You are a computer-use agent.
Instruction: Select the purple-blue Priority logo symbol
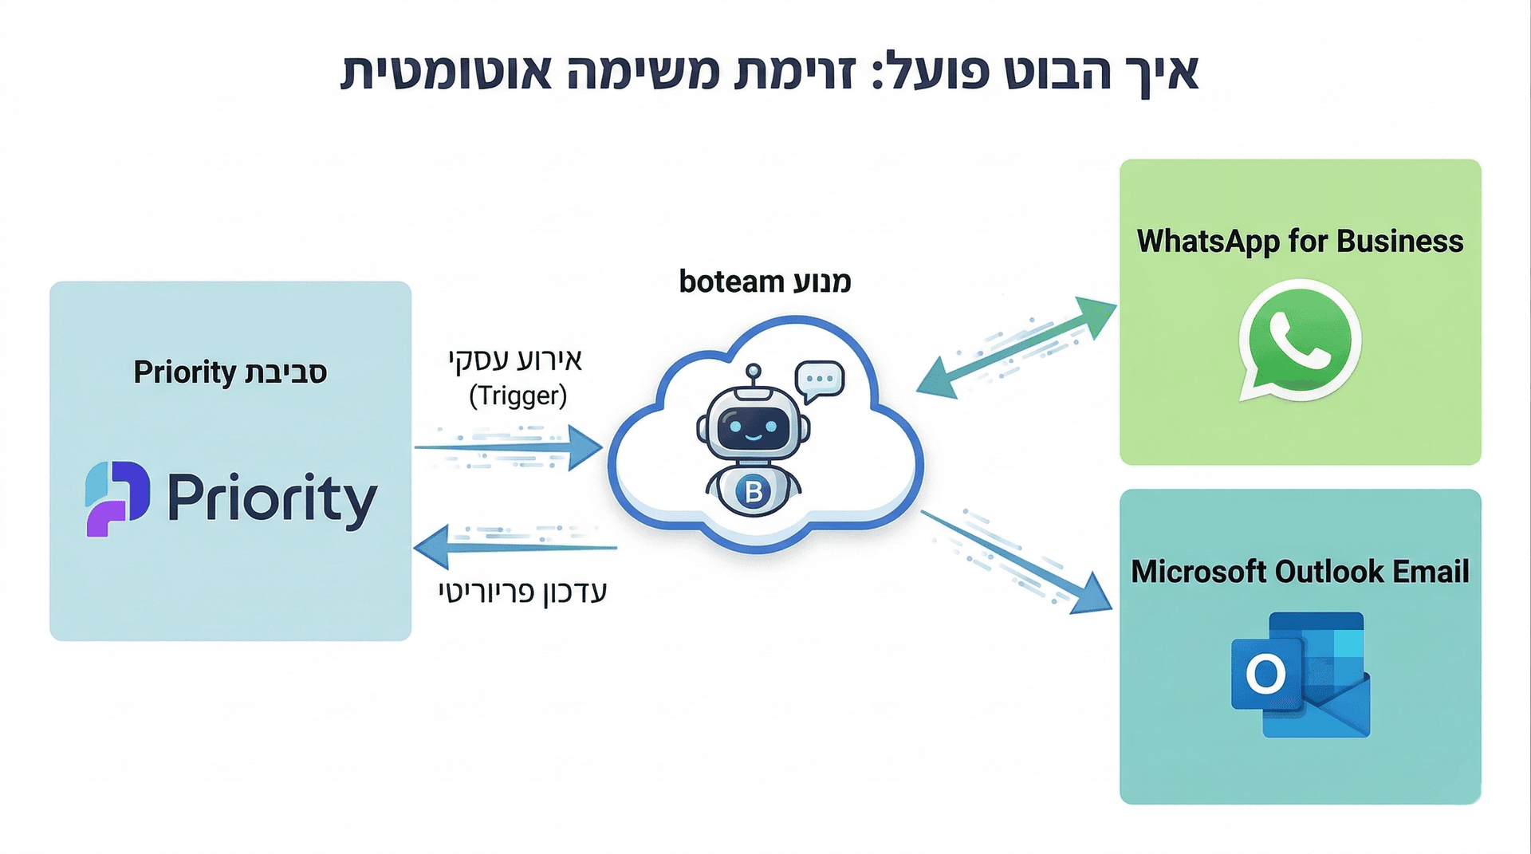(x=117, y=498)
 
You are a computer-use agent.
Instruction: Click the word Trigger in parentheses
(x=518, y=396)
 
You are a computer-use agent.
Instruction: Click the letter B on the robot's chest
(x=754, y=492)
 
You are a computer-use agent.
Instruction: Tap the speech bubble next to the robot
(x=819, y=380)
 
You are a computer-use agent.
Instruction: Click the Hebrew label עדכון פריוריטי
(x=523, y=592)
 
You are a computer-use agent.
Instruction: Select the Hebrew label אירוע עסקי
(x=515, y=360)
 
